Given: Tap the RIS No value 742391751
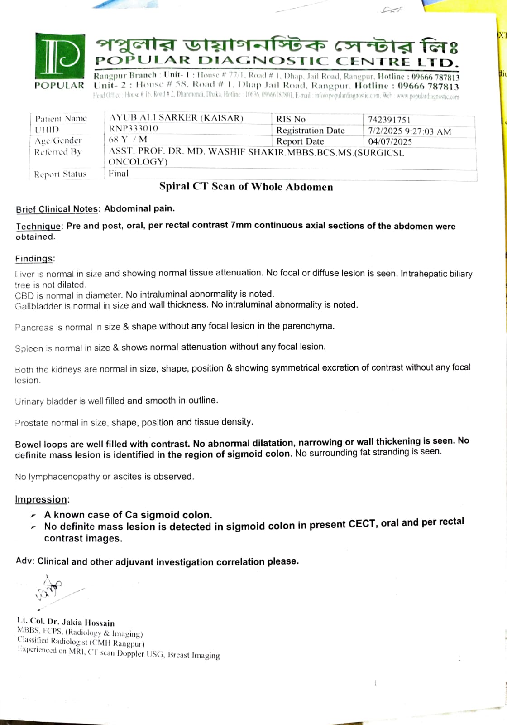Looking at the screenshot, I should (389, 120).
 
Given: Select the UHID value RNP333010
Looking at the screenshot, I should (134, 128).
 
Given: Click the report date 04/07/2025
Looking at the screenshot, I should (390, 141).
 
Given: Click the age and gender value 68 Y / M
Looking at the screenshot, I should (128, 139).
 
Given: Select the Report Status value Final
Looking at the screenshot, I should (118, 173).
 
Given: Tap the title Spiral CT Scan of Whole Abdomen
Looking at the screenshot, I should (246, 187).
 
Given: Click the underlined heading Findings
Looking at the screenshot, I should (34, 259).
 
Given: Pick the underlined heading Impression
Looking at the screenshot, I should (42, 499).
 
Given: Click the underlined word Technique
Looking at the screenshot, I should (38, 226).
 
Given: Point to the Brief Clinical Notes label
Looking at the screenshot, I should (57, 209).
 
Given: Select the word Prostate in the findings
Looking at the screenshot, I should (31, 423).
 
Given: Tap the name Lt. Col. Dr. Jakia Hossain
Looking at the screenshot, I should (66, 622).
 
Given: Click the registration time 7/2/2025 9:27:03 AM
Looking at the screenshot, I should (409, 131).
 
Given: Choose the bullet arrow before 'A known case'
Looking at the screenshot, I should (33, 516).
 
